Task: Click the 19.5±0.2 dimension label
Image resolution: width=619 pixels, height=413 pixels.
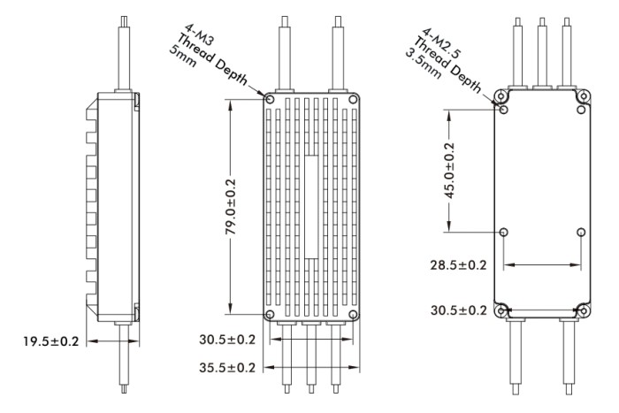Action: pyautogui.click(x=51, y=341)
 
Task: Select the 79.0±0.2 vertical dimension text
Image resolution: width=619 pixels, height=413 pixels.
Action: pyautogui.click(x=231, y=207)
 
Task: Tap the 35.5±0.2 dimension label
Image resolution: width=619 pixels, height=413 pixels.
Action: pyautogui.click(x=227, y=368)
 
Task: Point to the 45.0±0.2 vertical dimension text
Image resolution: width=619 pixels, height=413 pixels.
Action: pyautogui.click(x=449, y=171)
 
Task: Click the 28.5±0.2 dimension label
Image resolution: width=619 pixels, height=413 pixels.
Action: pyautogui.click(x=458, y=265)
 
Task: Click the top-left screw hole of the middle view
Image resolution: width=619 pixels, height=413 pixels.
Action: pyautogui.click(x=270, y=99)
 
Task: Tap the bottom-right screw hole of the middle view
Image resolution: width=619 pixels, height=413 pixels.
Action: pyautogui.click(x=354, y=315)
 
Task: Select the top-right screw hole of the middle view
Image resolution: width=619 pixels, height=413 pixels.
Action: pyautogui.click(x=354, y=99)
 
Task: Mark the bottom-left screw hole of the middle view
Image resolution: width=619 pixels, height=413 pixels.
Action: pyautogui.click(x=270, y=315)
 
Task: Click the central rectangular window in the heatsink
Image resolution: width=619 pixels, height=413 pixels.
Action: pyautogui.click(x=311, y=207)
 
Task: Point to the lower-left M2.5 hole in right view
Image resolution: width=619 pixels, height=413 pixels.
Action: pyautogui.click(x=503, y=233)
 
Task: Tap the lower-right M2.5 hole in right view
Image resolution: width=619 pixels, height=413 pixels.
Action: pyautogui.click(x=581, y=233)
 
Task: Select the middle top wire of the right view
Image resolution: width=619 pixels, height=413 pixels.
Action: pyautogui.click(x=542, y=51)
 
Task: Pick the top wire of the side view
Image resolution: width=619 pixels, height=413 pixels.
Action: pyautogui.click(x=124, y=53)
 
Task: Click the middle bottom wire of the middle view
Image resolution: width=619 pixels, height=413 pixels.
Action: pyautogui.click(x=311, y=357)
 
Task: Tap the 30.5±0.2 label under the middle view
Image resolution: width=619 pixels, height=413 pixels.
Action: pyautogui.click(x=227, y=340)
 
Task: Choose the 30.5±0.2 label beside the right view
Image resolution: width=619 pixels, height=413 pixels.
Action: pyautogui.click(x=459, y=310)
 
